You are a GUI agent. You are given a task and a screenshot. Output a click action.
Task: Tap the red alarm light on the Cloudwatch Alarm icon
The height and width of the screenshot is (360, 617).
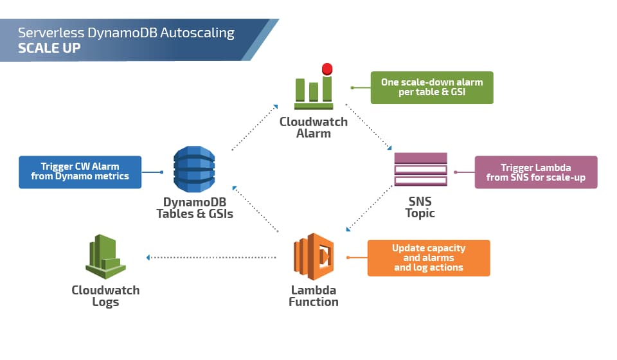point(327,69)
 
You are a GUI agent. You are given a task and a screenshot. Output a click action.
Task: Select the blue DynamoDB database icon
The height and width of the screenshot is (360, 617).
point(194,169)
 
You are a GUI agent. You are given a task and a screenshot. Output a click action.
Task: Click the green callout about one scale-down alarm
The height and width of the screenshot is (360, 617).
point(432,87)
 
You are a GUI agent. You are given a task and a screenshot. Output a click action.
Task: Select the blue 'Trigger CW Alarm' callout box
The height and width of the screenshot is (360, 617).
point(80,172)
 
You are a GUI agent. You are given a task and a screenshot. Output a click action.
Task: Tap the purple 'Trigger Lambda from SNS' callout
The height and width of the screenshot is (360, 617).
point(536,172)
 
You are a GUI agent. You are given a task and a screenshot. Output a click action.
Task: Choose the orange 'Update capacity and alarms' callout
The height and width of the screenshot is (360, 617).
point(429,258)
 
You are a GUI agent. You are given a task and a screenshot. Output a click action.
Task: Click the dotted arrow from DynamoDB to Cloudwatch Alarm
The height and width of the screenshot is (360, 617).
point(255,127)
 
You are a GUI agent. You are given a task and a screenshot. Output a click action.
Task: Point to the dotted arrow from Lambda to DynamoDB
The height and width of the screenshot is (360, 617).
point(255,209)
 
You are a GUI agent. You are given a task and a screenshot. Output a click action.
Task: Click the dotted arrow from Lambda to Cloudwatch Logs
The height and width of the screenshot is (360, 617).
point(212,257)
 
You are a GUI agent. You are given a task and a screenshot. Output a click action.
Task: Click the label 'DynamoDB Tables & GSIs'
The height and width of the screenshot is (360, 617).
point(194,208)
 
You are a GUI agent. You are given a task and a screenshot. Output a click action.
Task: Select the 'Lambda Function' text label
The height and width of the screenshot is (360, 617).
point(314,296)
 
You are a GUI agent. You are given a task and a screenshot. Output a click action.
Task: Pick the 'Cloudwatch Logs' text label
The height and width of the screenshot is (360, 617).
point(105,296)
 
